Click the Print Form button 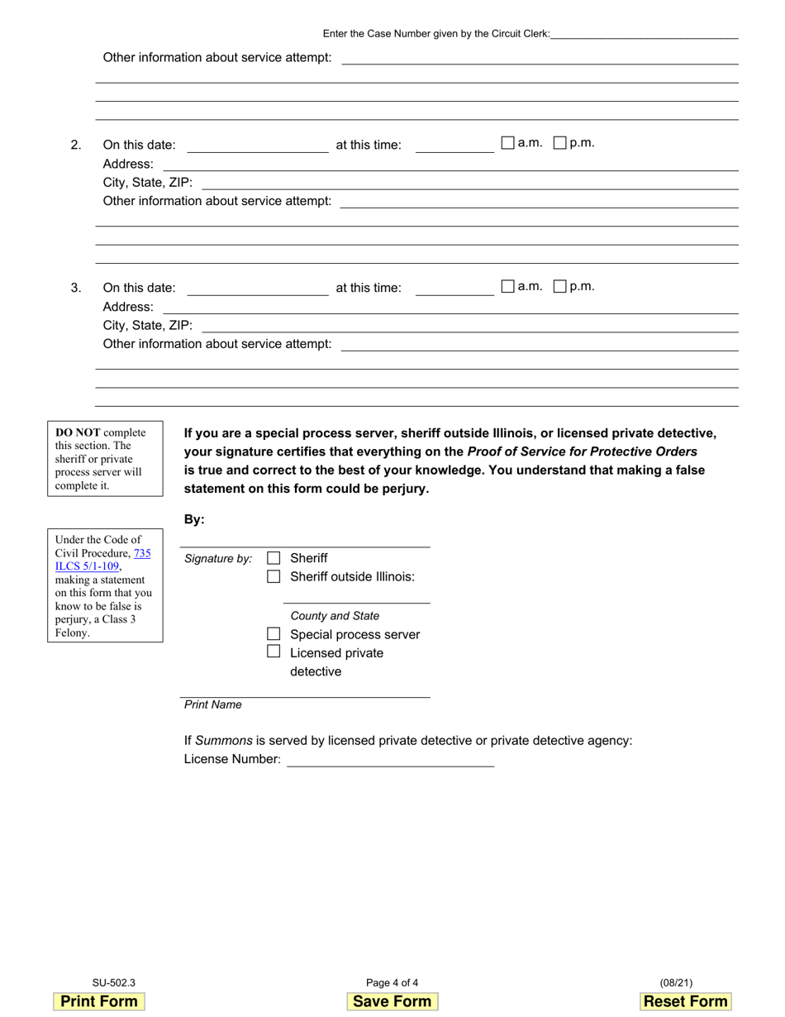click(99, 1001)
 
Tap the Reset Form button click(686, 1001)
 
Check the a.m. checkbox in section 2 click(508, 143)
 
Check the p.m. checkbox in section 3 click(559, 286)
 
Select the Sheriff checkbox click(274, 558)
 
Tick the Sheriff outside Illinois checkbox click(274, 576)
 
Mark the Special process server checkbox click(274, 634)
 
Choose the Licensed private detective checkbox click(274, 652)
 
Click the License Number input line click(390, 759)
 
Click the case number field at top click(645, 33)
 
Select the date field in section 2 click(258, 146)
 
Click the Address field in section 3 click(450, 307)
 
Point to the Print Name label click(213, 704)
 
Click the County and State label click(335, 616)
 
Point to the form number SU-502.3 click(114, 983)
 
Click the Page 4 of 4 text click(392, 983)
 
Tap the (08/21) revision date click(676, 983)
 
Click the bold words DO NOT click(78, 432)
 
